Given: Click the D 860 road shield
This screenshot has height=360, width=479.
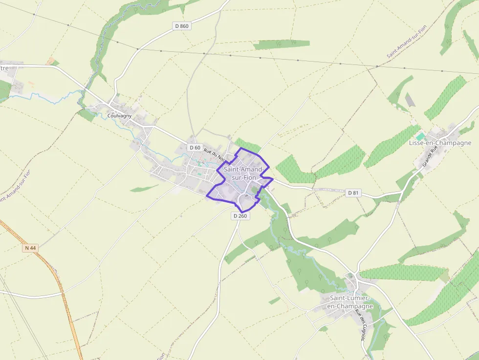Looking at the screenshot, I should tap(181, 26).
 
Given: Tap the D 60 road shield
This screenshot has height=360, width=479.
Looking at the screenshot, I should tap(195, 148).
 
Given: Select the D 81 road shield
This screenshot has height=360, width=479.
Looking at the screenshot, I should tap(353, 193).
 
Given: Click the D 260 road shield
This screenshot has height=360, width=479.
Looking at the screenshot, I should tap(240, 215).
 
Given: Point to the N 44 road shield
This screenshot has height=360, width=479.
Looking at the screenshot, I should tap(30, 248).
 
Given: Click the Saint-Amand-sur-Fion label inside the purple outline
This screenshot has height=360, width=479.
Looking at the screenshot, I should tap(243, 173).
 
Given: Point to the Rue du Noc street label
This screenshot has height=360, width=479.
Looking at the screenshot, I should tap(215, 154).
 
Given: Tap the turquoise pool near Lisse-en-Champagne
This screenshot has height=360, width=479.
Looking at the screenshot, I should tap(420, 136).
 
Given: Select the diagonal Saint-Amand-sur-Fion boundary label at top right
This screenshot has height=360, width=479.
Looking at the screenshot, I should tap(407, 41).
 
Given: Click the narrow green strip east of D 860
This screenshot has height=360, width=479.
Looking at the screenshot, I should tap(281, 44).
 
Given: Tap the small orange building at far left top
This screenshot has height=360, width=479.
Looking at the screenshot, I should tap(50, 61).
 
